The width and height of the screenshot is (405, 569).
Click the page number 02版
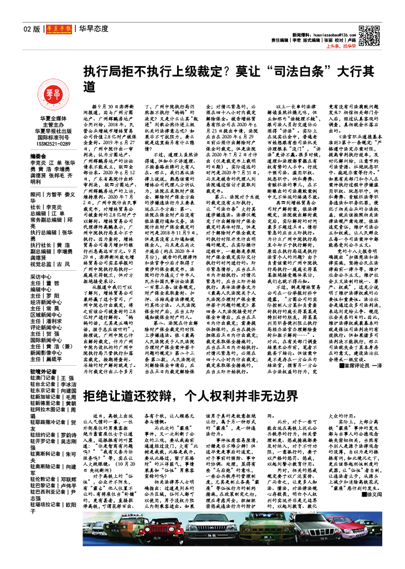[32, 29]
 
